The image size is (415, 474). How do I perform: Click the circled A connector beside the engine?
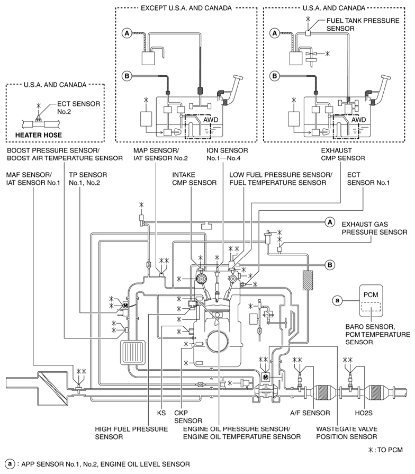coord(330,222)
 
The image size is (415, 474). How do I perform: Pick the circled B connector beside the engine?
coord(330,264)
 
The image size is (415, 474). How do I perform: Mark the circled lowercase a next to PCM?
coord(336,300)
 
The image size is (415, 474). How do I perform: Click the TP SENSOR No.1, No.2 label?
coord(88,178)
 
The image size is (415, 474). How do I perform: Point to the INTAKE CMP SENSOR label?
coord(194,178)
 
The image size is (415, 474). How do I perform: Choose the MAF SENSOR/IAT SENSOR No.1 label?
coord(29,178)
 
